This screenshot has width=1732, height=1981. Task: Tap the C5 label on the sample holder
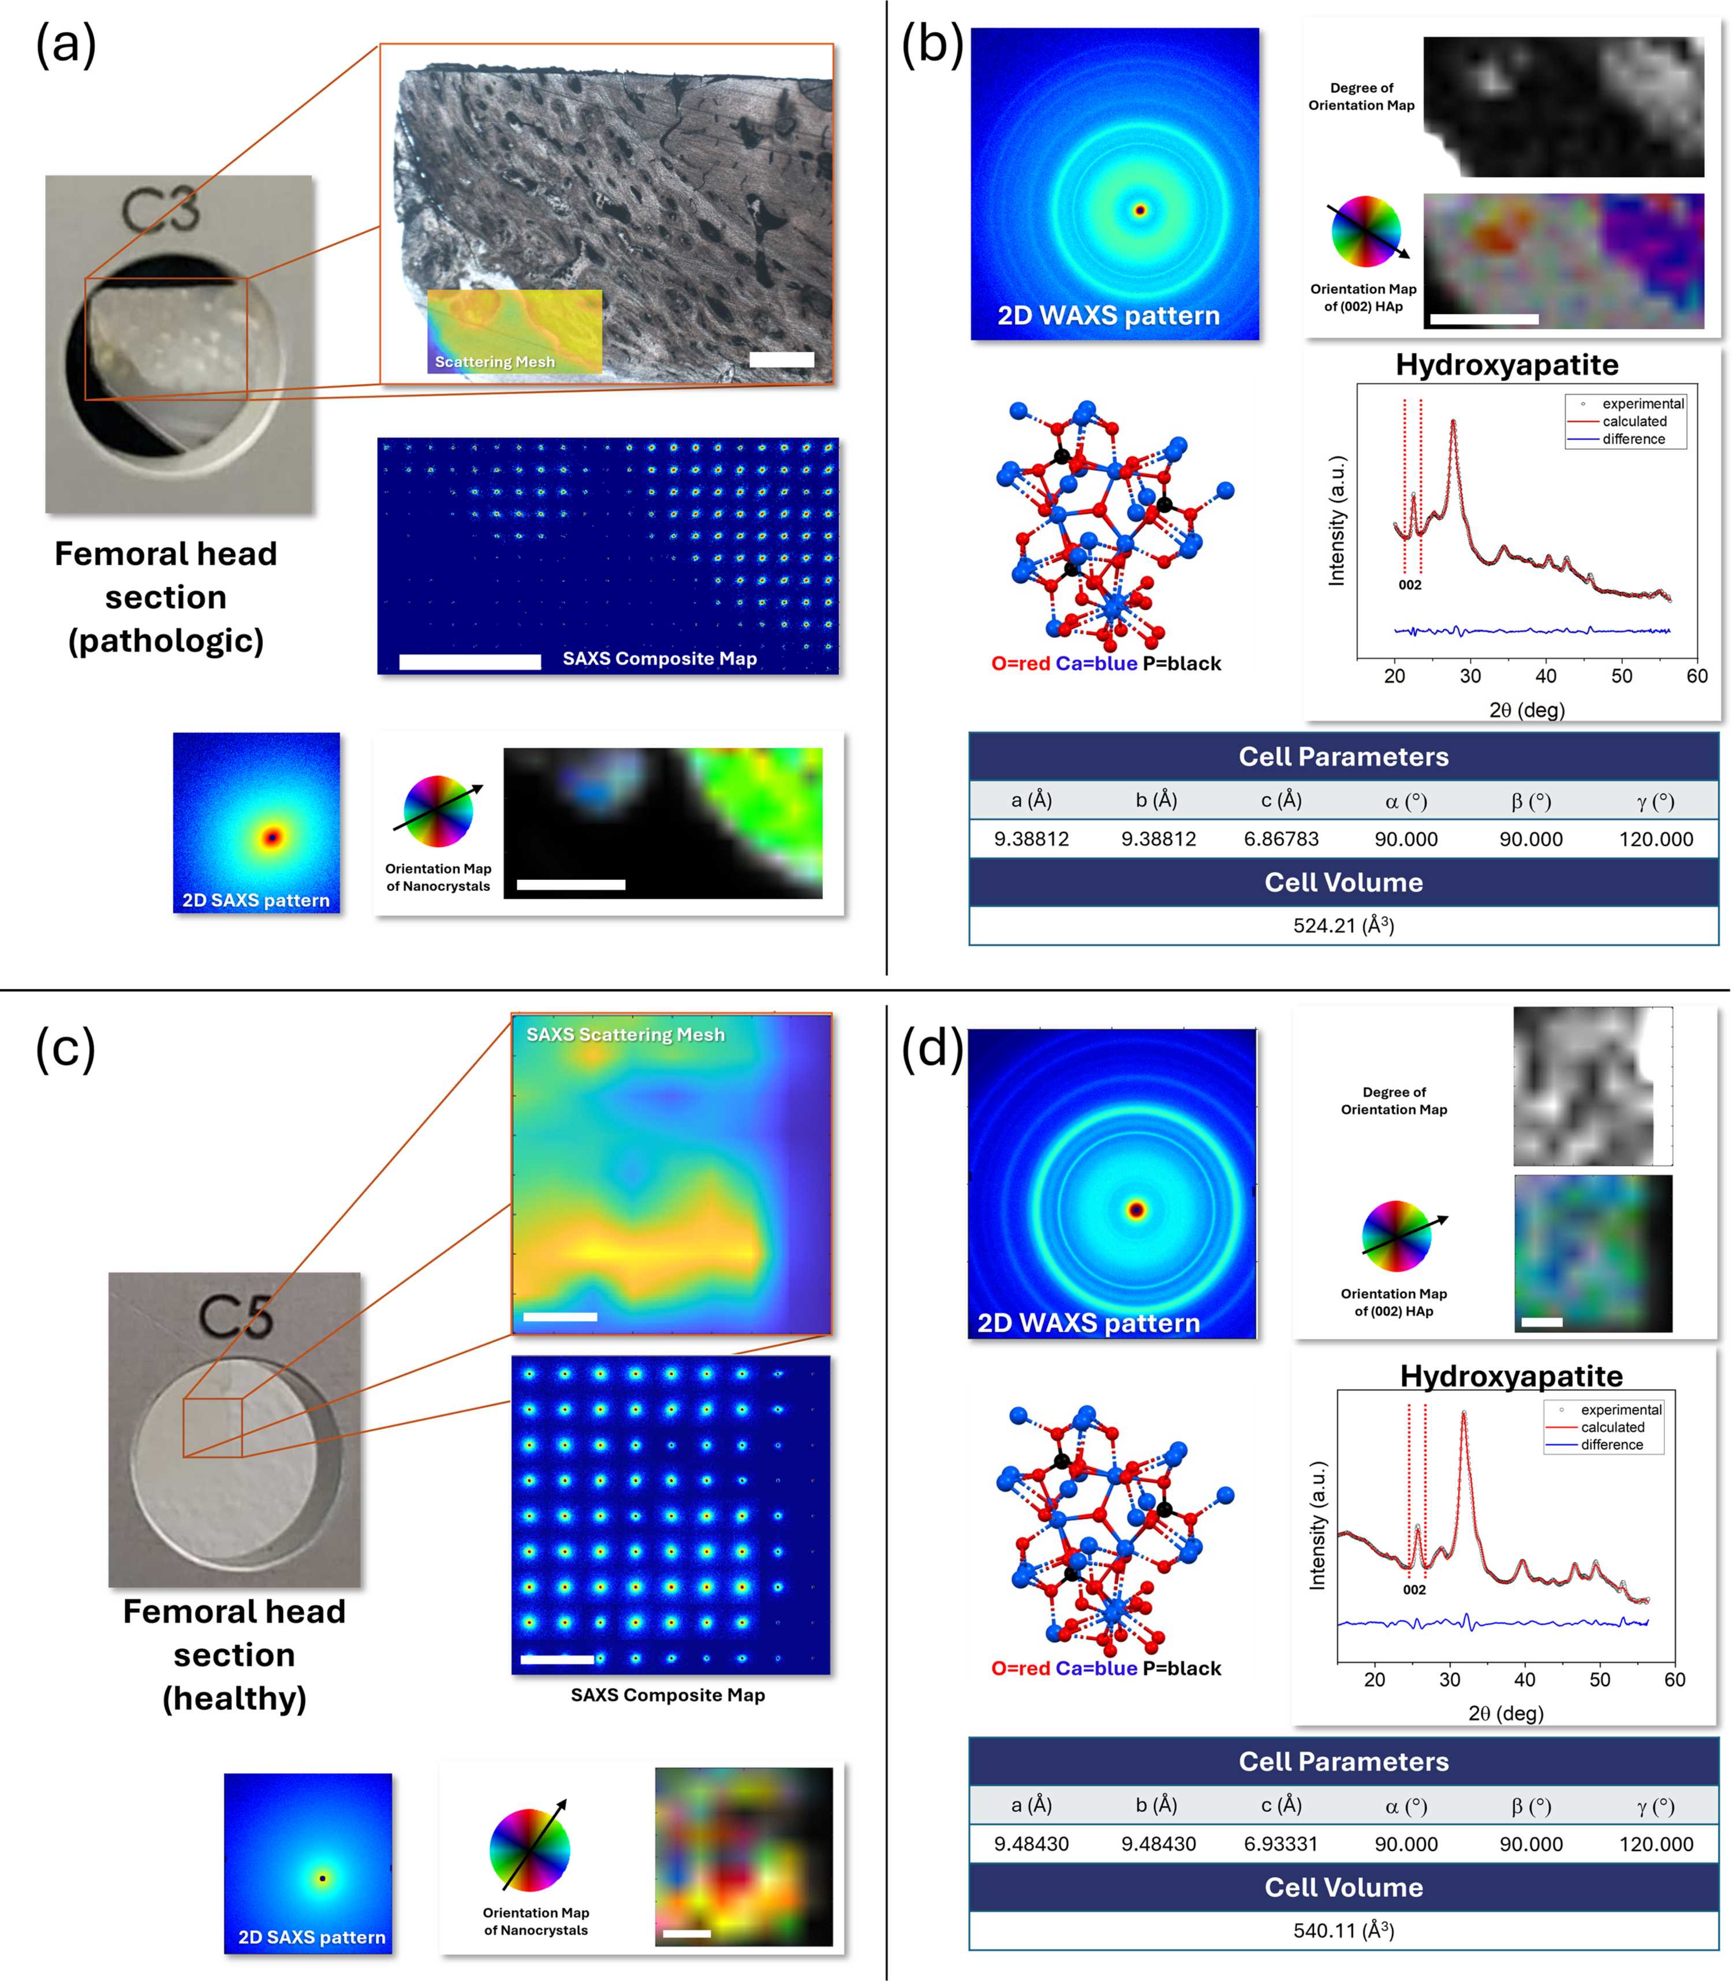tap(236, 1316)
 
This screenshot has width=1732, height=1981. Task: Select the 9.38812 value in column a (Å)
tap(1031, 839)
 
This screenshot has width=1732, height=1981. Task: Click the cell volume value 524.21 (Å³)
tap(1343, 926)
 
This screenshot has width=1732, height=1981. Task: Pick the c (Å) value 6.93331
tap(1281, 1844)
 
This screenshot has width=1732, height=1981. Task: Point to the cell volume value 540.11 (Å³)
tap(1343, 1931)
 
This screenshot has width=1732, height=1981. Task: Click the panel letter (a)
tap(66, 44)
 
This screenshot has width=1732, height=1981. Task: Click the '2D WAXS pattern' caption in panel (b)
tap(1108, 316)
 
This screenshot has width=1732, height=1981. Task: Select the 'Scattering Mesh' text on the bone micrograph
tap(495, 361)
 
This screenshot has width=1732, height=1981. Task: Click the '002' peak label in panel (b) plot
tap(1410, 585)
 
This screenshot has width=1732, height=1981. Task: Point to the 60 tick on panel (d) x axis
tap(1675, 1680)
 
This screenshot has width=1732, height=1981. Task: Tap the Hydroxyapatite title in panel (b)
tap(1507, 364)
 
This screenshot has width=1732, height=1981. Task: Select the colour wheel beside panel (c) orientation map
tap(529, 1849)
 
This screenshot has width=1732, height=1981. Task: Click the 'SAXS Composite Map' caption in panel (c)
tap(668, 1695)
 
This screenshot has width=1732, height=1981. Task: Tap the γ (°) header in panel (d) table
tap(1656, 1805)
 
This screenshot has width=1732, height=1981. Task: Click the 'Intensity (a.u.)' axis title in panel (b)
tap(1337, 520)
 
